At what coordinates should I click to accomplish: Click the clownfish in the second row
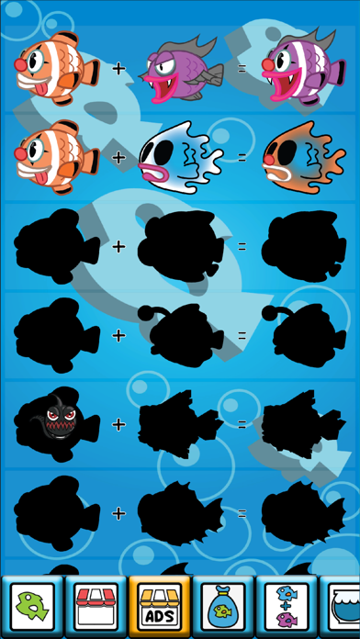57,156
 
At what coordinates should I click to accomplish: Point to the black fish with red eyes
58,423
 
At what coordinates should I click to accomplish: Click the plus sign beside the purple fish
118,67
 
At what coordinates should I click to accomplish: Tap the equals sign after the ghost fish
242,157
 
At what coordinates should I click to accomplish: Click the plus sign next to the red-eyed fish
118,424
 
